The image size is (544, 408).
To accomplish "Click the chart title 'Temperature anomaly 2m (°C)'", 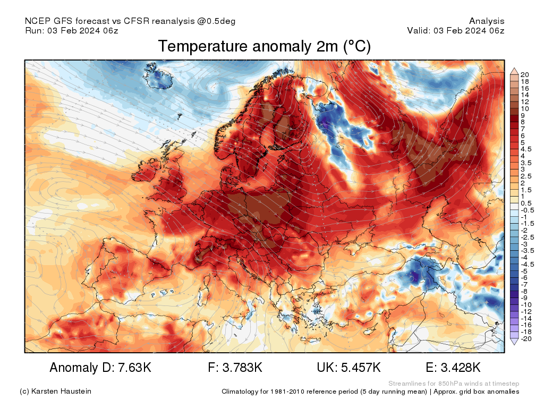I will (x=264, y=47).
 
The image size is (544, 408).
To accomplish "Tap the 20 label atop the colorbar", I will (x=525, y=74).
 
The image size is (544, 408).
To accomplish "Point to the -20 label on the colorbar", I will (x=526, y=338).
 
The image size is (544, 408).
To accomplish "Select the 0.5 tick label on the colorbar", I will (x=526, y=203).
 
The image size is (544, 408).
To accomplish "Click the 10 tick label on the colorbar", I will (x=525, y=108).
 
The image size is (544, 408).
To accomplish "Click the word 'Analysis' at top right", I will (x=487, y=21).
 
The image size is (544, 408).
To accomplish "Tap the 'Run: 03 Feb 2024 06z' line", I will (x=72, y=30).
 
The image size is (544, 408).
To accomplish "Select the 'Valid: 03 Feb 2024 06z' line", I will (x=455, y=30).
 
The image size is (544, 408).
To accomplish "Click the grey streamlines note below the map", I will (x=453, y=384).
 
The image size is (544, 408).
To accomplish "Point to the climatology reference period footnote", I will (x=370, y=392).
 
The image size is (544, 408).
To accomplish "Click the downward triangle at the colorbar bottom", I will (x=514, y=342).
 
